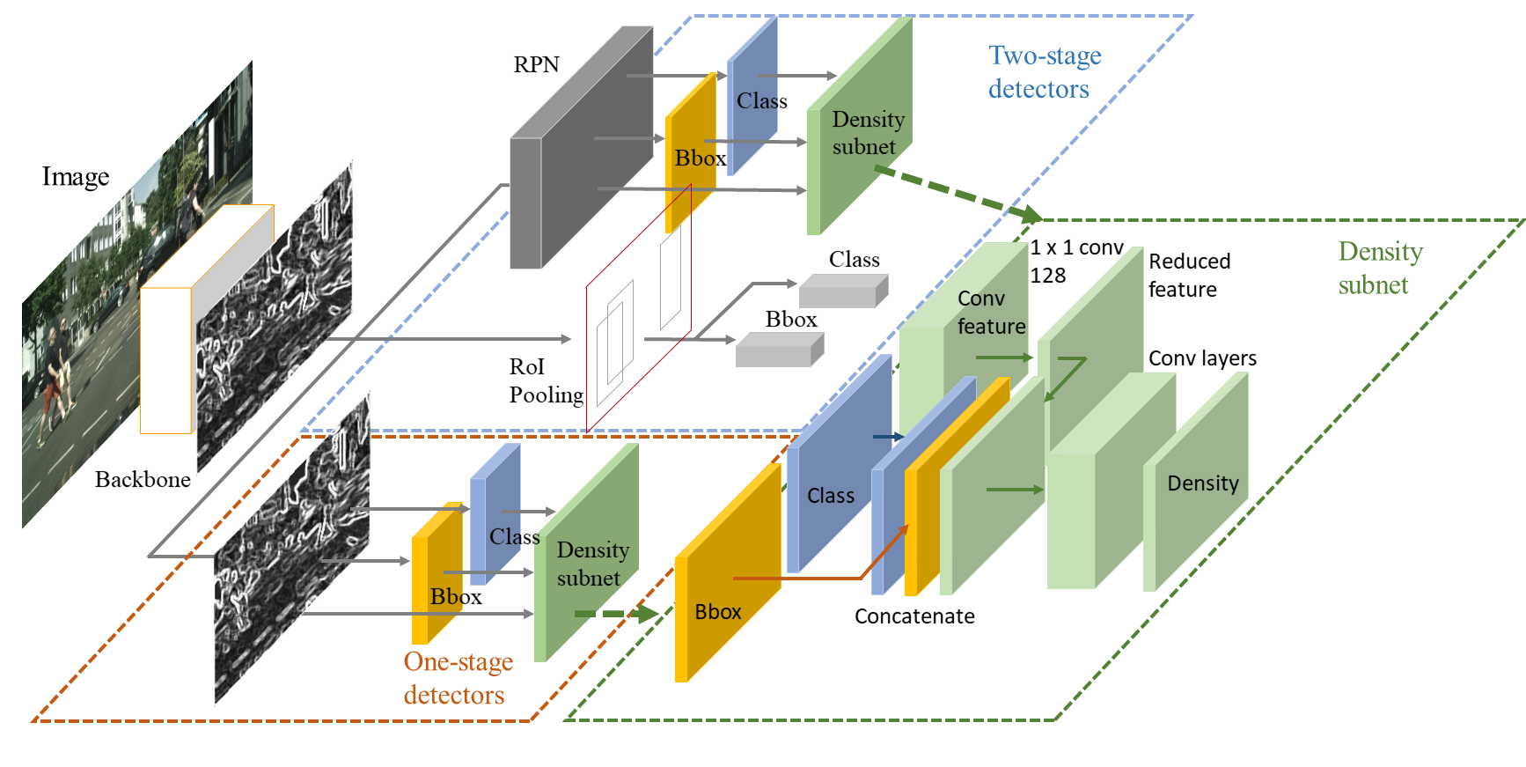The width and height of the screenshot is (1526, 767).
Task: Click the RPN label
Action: (536, 64)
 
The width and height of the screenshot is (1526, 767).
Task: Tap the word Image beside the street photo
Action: (76, 177)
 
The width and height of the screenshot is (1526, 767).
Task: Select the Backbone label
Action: (143, 479)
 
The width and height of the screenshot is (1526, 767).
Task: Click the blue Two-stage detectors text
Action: (1045, 72)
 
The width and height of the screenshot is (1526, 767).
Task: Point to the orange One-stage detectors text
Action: (459, 678)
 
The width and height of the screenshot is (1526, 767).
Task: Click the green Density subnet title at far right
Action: (1380, 268)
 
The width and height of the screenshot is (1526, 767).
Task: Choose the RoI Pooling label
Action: (546, 380)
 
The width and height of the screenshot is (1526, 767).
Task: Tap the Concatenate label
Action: (914, 616)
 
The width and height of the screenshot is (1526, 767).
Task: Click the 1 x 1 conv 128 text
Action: (1077, 262)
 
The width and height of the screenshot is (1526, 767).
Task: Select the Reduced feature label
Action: (1189, 276)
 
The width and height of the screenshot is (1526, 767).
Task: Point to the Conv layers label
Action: (1202, 358)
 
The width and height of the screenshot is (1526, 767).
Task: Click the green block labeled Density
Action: (1195, 482)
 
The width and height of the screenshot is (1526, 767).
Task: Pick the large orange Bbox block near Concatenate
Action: (727, 572)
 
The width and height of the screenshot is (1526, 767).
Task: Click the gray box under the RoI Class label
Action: (843, 291)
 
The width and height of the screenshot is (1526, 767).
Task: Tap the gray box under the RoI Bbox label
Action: (780, 350)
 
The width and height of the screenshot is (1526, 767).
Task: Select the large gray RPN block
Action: (581, 147)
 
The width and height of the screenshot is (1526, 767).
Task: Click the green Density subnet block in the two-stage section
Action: (859, 126)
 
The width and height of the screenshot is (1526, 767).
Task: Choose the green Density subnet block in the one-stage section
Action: (586, 552)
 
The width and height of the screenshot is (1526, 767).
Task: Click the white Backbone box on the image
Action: (206, 320)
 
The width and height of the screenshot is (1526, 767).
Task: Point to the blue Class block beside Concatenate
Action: (839, 464)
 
